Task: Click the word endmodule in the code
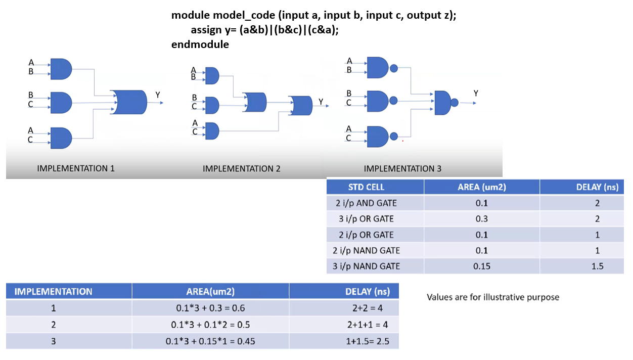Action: (200, 44)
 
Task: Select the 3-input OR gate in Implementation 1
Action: (129, 102)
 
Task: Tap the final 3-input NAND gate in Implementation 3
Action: (446, 103)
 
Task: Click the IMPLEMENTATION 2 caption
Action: (241, 169)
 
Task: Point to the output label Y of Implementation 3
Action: (476, 93)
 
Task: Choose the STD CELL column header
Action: (366, 187)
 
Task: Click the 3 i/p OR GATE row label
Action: (366, 219)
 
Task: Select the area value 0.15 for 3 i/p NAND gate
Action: (481, 266)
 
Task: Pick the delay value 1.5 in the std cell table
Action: (598, 266)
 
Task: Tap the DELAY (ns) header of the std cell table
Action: (597, 187)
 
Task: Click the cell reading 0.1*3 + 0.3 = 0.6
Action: (210, 308)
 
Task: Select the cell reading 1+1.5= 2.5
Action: (368, 341)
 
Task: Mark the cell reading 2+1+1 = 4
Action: (368, 325)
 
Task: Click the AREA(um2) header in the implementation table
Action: (210, 292)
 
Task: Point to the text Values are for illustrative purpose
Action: (493, 297)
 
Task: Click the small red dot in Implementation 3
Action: (402, 141)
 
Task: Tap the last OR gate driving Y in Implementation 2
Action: (300, 106)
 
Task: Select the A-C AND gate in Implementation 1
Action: (61, 138)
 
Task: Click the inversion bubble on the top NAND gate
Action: (394, 68)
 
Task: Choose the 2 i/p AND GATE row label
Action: (366, 203)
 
